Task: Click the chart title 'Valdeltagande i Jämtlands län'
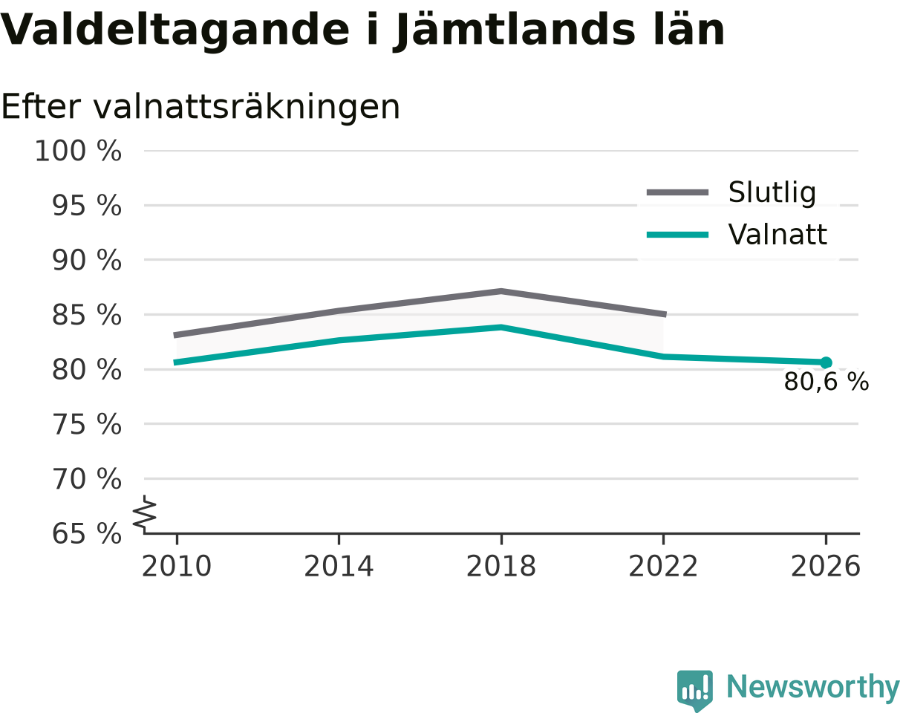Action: (362, 31)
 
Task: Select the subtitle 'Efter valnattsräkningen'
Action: (201, 108)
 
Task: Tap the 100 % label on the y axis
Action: (78, 151)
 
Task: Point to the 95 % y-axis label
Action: (87, 206)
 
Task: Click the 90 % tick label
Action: (87, 261)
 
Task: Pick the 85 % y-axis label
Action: (87, 315)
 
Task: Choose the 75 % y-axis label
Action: (87, 425)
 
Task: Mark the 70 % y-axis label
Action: (87, 479)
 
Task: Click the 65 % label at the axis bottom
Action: (87, 534)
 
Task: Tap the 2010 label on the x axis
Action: (177, 567)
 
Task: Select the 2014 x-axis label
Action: (339, 567)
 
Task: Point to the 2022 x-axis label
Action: (663, 567)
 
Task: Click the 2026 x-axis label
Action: (825, 567)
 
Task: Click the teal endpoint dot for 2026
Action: (826, 362)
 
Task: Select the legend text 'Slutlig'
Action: (772, 193)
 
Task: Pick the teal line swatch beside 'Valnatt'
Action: (677, 235)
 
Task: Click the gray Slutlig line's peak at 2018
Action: (501, 291)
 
